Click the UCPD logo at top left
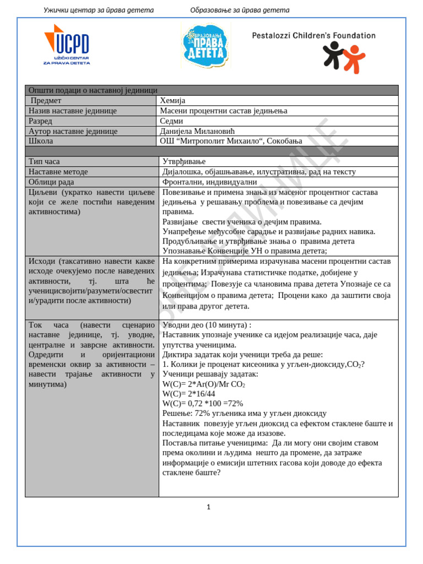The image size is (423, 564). coord(67,45)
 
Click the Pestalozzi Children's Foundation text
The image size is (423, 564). coord(313,36)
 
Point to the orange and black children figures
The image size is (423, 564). coord(344,57)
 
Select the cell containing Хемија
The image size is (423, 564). coord(173,101)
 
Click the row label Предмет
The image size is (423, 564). coord(46,101)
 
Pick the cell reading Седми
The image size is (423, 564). coord(171,121)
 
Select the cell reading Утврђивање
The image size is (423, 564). coord(184,161)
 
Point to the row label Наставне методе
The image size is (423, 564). coord(58,172)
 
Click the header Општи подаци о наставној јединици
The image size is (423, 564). coord(93,90)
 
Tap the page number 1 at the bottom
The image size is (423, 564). coord(209,507)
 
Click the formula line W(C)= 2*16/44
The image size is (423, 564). coord(189,394)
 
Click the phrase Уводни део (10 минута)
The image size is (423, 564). coord(207,325)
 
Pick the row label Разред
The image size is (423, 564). coord(40,121)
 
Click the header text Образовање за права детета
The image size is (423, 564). coord(240,10)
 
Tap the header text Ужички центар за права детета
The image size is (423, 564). coord(99,10)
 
